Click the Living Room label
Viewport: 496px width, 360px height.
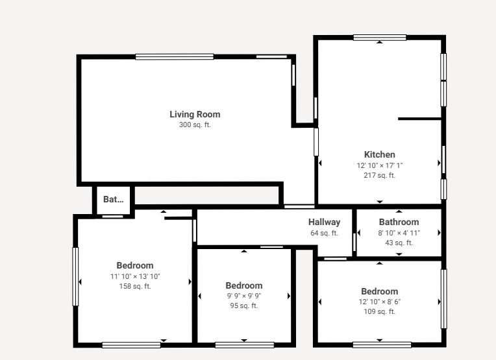pos(195,114)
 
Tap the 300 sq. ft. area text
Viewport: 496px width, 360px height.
pos(195,125)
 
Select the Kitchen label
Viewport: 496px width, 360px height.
pos(380,154)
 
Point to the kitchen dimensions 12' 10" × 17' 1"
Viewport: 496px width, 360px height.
pos(380,165)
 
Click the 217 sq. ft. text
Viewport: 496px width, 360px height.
pos(380,175)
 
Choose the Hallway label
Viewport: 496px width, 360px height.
pos(324,222)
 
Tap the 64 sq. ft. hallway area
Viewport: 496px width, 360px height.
pos(324,234)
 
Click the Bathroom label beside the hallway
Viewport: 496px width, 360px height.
pos(399,222)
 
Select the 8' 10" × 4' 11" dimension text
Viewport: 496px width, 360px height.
pos(399,233)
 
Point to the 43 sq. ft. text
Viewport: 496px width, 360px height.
pos(399,243)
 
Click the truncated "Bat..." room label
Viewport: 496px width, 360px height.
pos(113,199)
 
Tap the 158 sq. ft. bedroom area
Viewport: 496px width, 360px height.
pos(135,286)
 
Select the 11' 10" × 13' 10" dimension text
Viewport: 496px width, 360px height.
pos(135,276)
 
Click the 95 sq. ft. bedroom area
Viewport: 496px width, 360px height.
pos(244,306)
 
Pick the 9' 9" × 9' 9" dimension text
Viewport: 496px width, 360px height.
pos(244,296)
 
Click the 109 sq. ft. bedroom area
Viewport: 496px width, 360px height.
pos(380,311)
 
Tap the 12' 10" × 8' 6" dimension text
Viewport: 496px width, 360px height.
pos(380,302)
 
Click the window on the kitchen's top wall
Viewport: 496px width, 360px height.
pos(380,38)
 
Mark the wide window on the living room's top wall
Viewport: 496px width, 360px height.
pos(174,57)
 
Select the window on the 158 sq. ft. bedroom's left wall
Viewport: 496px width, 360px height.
pos(75,276)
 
